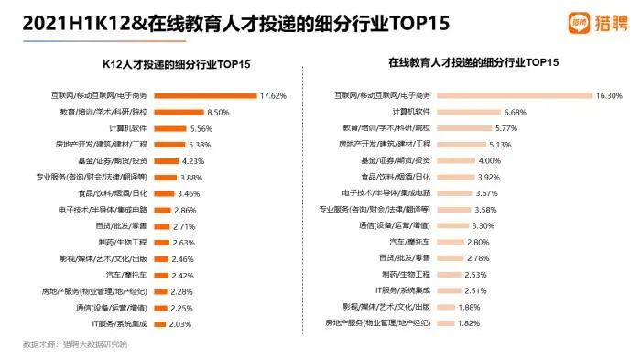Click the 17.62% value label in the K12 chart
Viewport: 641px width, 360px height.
point(275,94)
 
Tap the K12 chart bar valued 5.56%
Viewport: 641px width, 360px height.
point(170,128)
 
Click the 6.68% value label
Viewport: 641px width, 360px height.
point(517,111)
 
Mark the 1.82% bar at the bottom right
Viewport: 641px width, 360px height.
point(445,323)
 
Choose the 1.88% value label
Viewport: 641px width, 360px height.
point(469,307)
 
